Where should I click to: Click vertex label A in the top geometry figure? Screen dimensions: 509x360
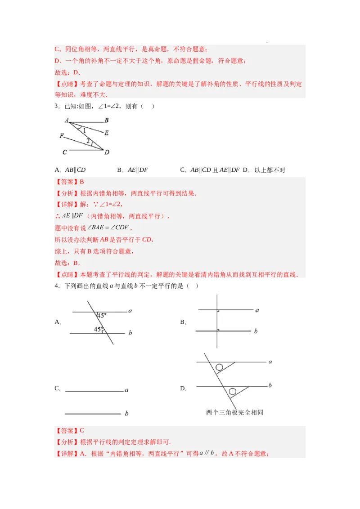[x=66, y=120]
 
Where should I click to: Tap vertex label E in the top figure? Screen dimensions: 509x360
[x=106, y=133]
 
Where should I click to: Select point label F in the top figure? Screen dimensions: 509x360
[x=62, y=135]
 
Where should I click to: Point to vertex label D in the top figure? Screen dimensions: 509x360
[x=107, y=152]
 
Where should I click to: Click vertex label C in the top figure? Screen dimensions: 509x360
[x=65, y=152]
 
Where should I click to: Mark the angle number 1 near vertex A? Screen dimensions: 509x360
[x=84, y=130]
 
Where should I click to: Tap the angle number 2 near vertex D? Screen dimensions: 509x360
[x=88, y=141]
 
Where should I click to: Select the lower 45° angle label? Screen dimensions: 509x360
[x=99, y=329]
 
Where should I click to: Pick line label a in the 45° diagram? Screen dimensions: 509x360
[x=130, y=310]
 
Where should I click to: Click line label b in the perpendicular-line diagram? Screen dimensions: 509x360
[x=256, y=331]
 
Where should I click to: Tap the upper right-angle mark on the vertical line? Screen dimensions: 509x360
[x=218, y=311]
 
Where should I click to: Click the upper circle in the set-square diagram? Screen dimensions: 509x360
[x=219, y=367]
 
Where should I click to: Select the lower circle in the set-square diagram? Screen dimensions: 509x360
[x=233, y=392]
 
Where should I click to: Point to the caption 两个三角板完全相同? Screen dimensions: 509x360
[x=234, y=412]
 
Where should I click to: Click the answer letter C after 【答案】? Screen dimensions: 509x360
[x=82, y=430]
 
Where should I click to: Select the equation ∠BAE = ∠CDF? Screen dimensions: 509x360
[x=108, y=228]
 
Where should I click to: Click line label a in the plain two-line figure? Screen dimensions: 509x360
[x=126, y=390]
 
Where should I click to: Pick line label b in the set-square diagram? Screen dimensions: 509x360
[x=270, y=385]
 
